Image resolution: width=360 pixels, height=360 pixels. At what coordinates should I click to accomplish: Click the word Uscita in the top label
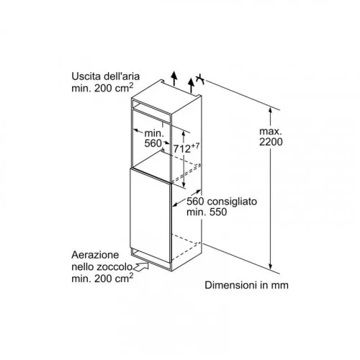click(86, 76)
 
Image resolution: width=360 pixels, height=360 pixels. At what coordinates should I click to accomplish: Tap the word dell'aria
click(122, 76)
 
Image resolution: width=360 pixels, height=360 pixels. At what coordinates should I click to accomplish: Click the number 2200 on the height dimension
click(271, 142)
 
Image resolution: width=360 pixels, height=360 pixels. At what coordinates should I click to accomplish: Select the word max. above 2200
click(271, 131)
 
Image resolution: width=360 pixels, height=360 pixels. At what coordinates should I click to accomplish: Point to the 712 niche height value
click(182, 149)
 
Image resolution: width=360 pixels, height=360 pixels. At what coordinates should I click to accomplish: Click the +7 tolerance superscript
click(195, 146)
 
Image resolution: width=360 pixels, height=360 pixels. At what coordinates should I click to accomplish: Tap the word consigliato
click(232, 202)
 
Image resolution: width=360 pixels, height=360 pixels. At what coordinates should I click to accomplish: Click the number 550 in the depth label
click(218, 212)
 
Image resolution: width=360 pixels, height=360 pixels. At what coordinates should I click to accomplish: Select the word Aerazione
click(95, 255)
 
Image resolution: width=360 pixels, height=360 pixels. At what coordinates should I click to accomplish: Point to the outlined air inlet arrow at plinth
click(142, 266)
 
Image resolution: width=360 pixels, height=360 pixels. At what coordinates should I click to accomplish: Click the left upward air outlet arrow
click(174, 78)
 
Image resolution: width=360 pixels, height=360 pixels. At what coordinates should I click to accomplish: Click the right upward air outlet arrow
click(191, 85)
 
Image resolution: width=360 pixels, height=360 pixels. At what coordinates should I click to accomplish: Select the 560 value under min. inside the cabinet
click(153, 143)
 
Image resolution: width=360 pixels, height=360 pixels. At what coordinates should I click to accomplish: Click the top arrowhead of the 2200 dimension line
click(270, 110)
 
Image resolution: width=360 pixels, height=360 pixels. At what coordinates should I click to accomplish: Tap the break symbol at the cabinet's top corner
click(200, 79)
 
